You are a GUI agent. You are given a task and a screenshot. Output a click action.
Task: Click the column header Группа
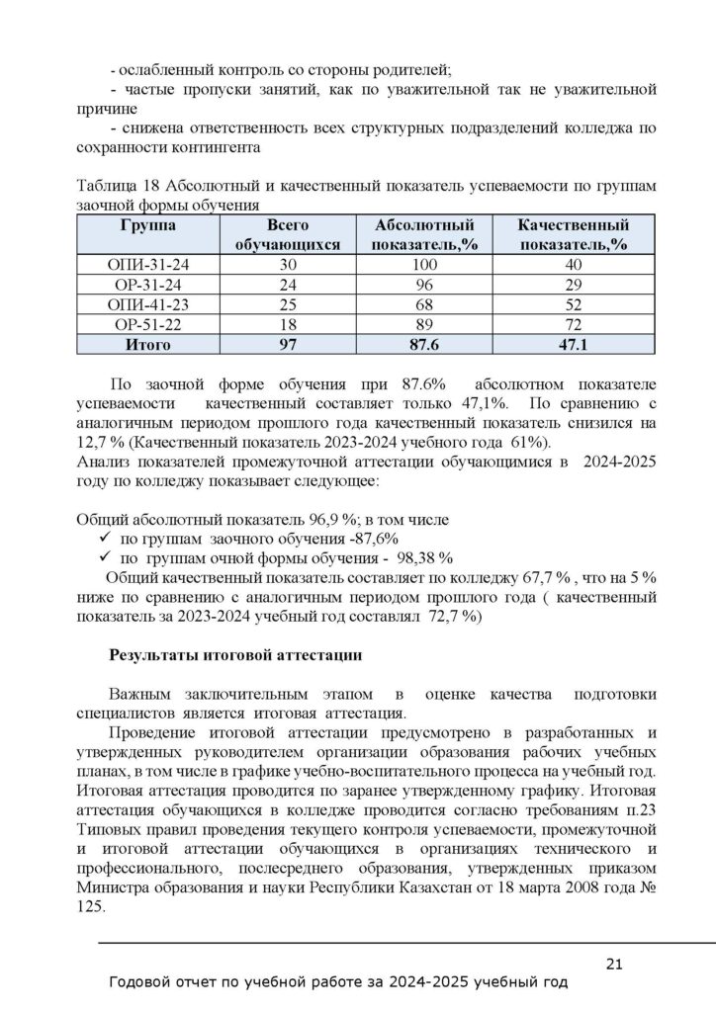pos(147,225)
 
